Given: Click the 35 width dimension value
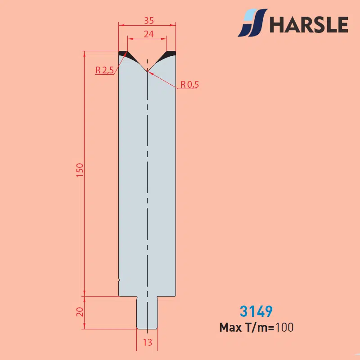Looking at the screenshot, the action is coord(149,21).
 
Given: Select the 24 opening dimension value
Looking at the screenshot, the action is coord(149,34).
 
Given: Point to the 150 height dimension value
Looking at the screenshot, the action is coord(80,170).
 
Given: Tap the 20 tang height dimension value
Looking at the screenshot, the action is coord(80,312).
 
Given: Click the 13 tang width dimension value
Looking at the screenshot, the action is coord(148,342).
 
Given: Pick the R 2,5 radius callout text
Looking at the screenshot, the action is coord(105,70).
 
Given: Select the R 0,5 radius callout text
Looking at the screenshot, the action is coord(189,85).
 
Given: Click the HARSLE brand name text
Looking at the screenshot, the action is coord(309,24).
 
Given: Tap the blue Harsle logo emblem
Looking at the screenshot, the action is coord(252,23).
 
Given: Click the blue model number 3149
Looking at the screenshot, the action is coord(256,311).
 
